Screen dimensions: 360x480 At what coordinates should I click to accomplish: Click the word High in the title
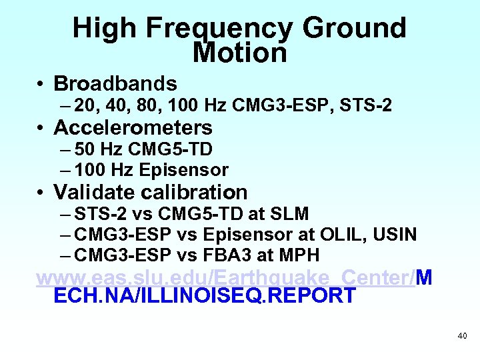coord(105,29)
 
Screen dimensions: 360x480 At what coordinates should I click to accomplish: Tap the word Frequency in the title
coord(217,29)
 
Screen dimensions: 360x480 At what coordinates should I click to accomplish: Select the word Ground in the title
coord(353,29)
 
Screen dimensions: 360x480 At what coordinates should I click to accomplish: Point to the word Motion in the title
coord(239,53)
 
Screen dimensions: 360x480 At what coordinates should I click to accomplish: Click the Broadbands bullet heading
coord(115,83)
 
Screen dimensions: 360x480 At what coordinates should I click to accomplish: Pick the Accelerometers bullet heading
coord(133,127)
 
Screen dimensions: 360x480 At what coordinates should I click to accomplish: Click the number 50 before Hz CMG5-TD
coord(85,149)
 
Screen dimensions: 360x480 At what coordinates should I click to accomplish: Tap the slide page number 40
coord(462,336)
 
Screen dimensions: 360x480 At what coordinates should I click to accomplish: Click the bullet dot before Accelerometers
coord(41,128)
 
